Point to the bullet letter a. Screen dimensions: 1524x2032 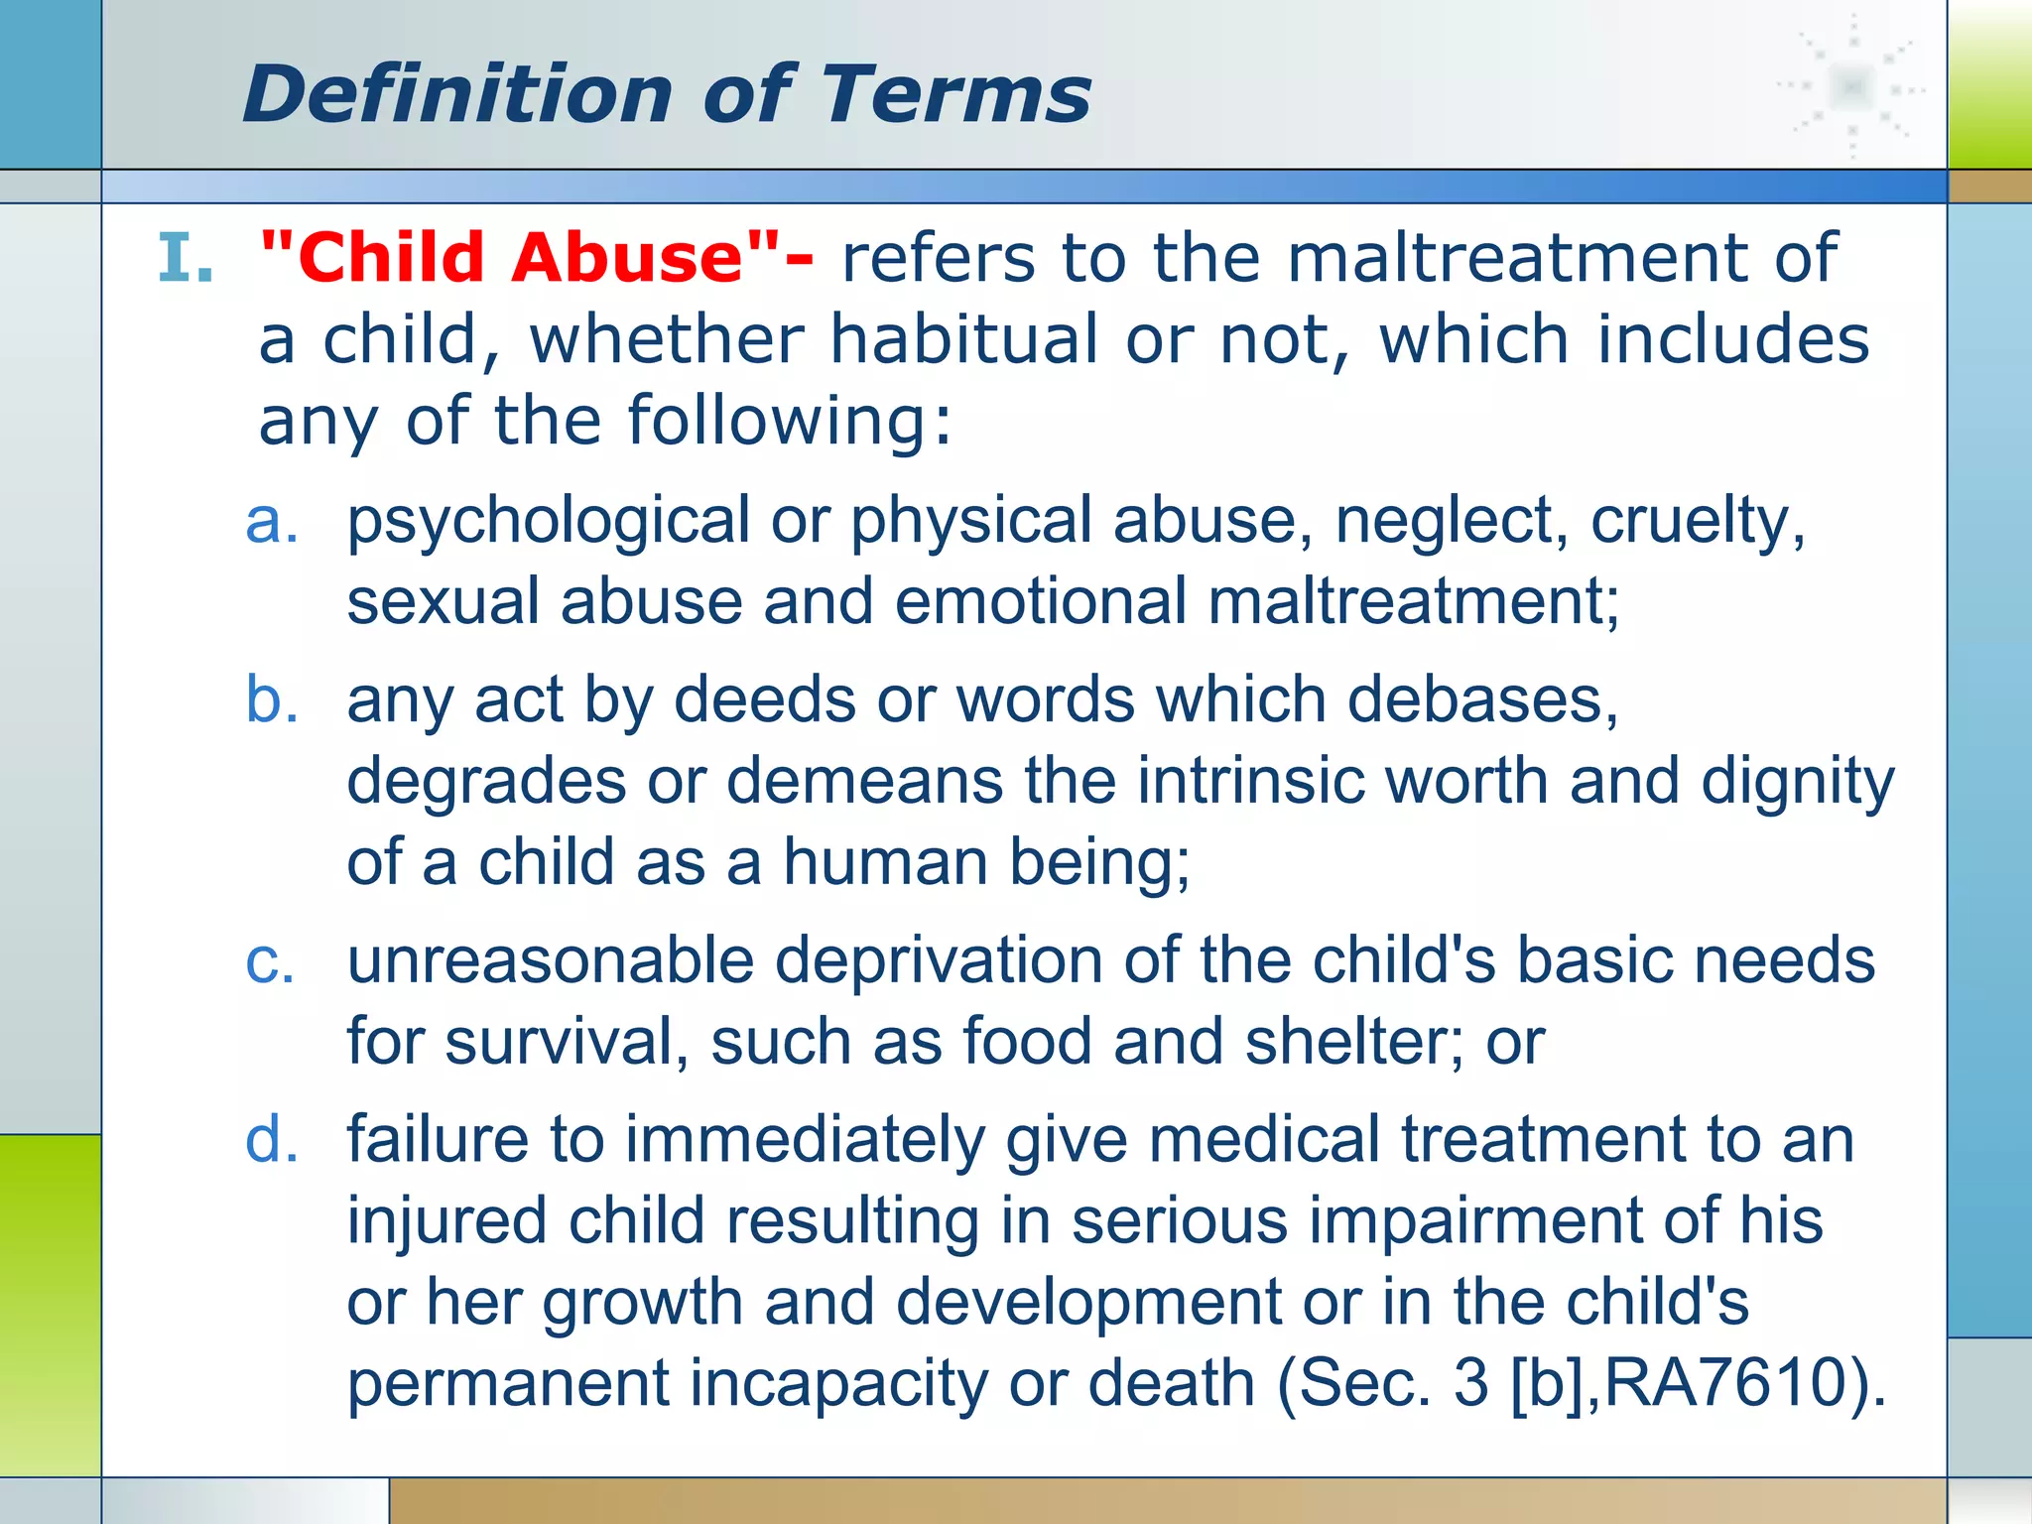(x=271, y=520)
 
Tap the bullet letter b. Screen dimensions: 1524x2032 (x=271, y=699)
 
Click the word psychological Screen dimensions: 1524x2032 (x=549, y=522)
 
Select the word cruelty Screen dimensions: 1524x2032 (x=1698, y=522)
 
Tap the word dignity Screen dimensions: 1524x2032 (x=1797, y=783)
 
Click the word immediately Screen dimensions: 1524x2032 (x=805, y=1140)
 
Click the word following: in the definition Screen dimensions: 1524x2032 (x=789, y=421)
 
